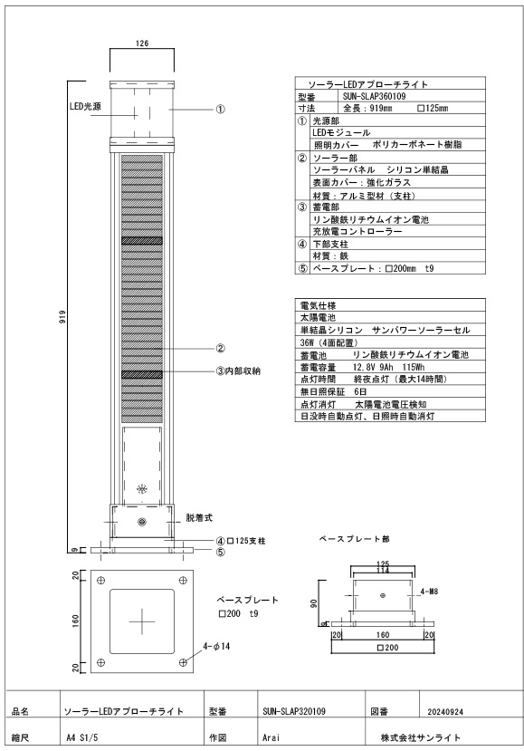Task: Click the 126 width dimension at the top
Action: [x=142, y=43]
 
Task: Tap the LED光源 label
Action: [x=85, y=106]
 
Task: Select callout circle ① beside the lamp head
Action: [x=220, y=110]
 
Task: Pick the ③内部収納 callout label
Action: [x=238, y=371]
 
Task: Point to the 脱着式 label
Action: [x=199, y=518]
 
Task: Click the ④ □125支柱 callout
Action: [x=241, y=541]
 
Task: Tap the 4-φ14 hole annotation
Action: [x=216, y=646]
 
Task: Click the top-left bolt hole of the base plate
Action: [x=100, y=581]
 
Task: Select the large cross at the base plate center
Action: [x=142, y=621]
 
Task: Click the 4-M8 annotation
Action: [x=429, y=592]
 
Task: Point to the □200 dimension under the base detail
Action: [x=387, y=648]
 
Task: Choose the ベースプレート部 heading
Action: [x=355, y=539]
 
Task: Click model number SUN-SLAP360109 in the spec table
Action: [x=374, y=96]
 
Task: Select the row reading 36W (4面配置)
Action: [x=329, y=342]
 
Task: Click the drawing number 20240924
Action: [x=445, y=712]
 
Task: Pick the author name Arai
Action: [x=271, y=737]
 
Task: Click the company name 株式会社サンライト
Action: [x=421, y=737]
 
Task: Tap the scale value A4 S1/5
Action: [x=81, y=737]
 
